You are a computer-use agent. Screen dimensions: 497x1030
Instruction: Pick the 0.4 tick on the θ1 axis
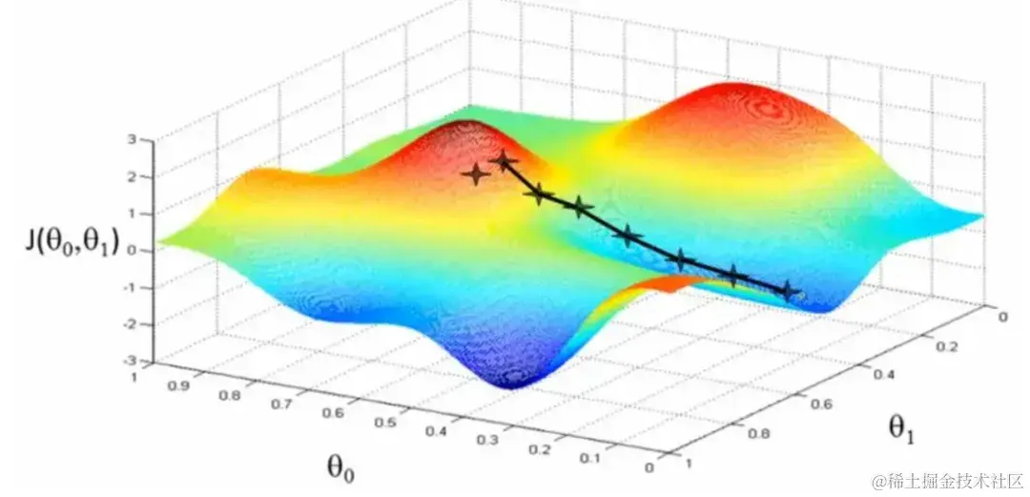pos(880,375)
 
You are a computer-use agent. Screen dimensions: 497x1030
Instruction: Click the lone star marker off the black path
pos(476,175)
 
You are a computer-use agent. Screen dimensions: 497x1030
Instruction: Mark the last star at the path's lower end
pos(788,291)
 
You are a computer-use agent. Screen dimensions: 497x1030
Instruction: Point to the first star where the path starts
pos(504,162)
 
